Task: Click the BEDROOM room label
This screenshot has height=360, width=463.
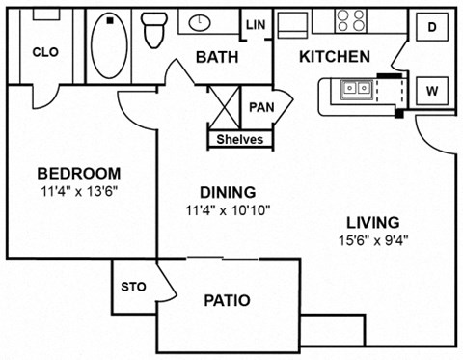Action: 79,174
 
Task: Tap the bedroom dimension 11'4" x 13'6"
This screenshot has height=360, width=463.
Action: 79,191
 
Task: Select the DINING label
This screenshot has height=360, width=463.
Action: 221,191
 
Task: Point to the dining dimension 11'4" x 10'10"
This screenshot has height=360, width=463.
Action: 221,208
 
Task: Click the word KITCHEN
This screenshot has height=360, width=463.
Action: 334,57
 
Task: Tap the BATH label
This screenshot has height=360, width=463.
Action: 217,58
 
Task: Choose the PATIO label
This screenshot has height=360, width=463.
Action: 227,301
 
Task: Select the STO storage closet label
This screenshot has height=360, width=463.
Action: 132,287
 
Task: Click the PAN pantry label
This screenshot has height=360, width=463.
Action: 259,107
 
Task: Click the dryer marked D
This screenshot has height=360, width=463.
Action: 432,28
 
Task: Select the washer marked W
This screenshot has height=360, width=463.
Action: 432,91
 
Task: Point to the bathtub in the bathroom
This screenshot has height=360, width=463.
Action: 111,44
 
